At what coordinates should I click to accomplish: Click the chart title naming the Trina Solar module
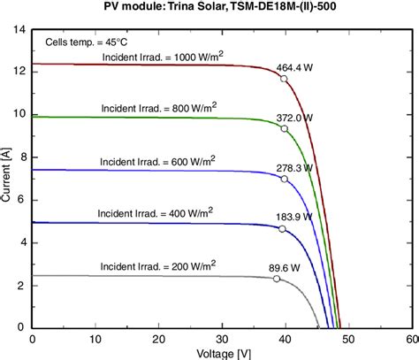coord(220,8)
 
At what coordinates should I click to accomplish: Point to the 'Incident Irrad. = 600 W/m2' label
coord(157,162)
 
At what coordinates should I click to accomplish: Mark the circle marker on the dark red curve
coord(284,79)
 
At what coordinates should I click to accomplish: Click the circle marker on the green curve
coord(284,129)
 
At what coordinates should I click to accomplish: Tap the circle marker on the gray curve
coord(276,279)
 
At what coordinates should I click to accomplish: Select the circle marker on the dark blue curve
coord(282,229)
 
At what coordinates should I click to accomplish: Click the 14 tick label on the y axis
coord(19,29)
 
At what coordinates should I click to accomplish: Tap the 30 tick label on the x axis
coord(221,338)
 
